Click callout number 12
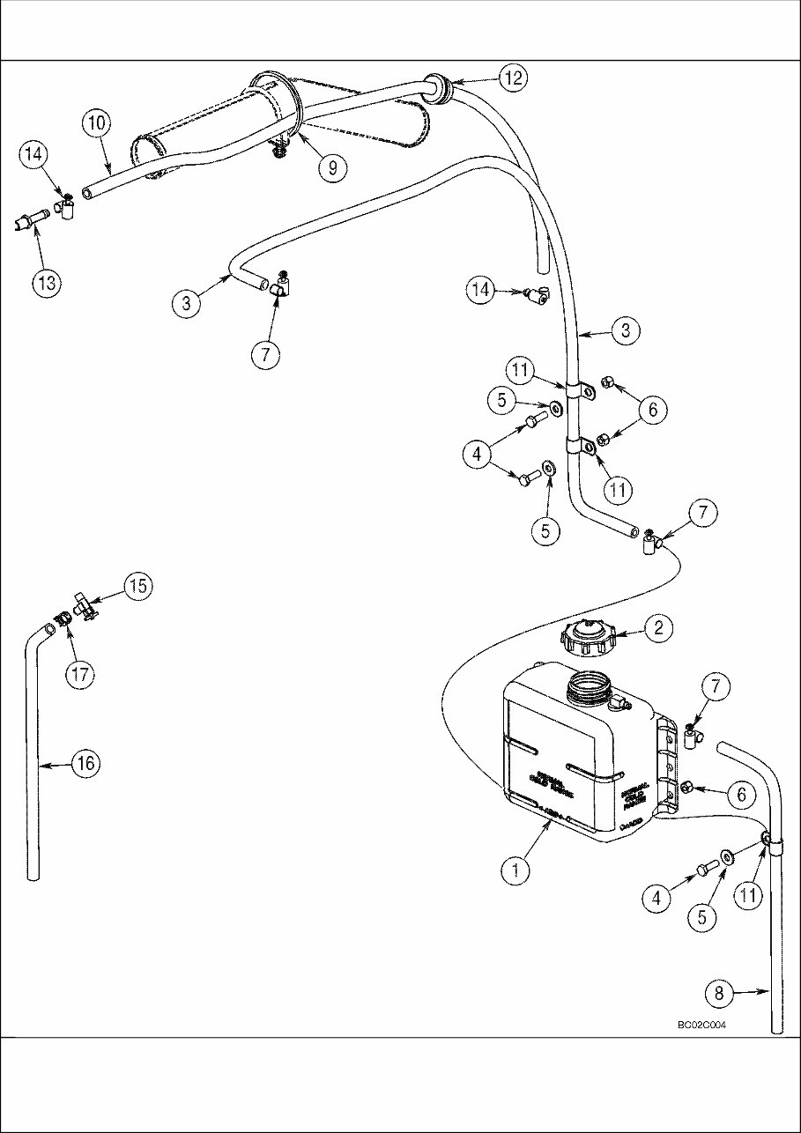[514, 78]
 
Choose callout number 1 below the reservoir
[515, 870]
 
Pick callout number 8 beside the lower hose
[719, 994]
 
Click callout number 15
[138, 588]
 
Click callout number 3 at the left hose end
[186, 304]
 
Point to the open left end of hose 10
[87, 192]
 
